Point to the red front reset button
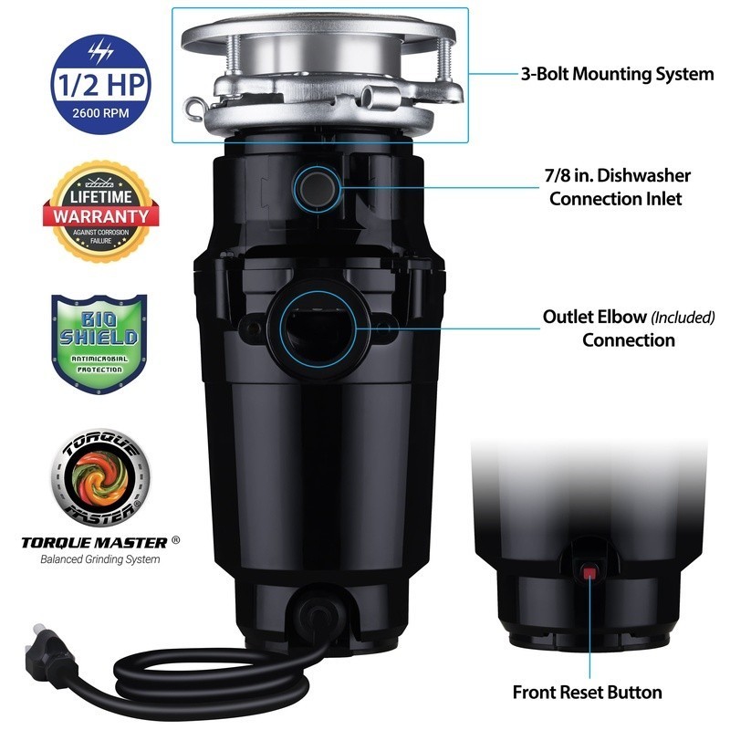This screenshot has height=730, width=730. click(589, 573)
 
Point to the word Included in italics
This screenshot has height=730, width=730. click(683, 318)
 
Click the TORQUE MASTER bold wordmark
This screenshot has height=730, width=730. click(95, 541)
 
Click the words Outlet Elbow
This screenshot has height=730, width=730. click(594, 318)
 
